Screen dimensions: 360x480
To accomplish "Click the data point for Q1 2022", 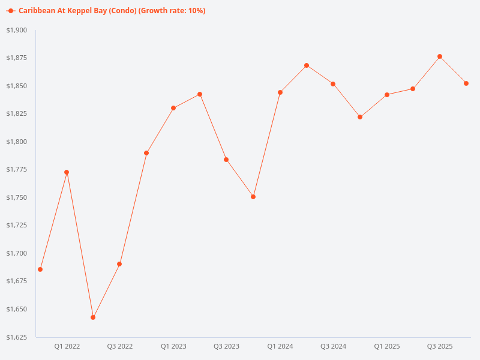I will (x=67, y=172).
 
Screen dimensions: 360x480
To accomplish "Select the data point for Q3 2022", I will (x=119, y=264).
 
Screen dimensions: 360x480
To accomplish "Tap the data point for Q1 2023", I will (x=173, y=108).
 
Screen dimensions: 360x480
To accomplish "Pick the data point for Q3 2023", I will (x=226, y=160).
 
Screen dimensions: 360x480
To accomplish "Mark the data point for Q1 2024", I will (x=280, y=92).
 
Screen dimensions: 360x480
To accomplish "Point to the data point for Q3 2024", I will (x=333, y=84).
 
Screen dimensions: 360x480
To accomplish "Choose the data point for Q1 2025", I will (x=387, y=95).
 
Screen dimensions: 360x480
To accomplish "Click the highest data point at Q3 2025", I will (x=440, y=56).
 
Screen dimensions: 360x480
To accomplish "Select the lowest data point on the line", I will (x=93, y=317).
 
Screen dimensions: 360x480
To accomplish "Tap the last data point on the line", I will (x=466, y=83).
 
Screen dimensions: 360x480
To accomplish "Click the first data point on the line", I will (x=40, y=269).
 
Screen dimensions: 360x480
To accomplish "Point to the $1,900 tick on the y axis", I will (x=16, y=30).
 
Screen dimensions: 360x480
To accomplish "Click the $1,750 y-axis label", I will (x=16, y=197).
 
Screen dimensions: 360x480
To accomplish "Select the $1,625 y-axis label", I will (x=16, y=337).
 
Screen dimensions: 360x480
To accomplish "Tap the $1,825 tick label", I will (x=16, y=113).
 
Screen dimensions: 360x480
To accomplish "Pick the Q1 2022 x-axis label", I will (x=67, y=346).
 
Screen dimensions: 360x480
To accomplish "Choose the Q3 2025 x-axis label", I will (x=440, y=346).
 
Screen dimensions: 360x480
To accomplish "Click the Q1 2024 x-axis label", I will (x=280, y=346).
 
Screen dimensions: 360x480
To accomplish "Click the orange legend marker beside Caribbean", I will (x=11, y=11).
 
